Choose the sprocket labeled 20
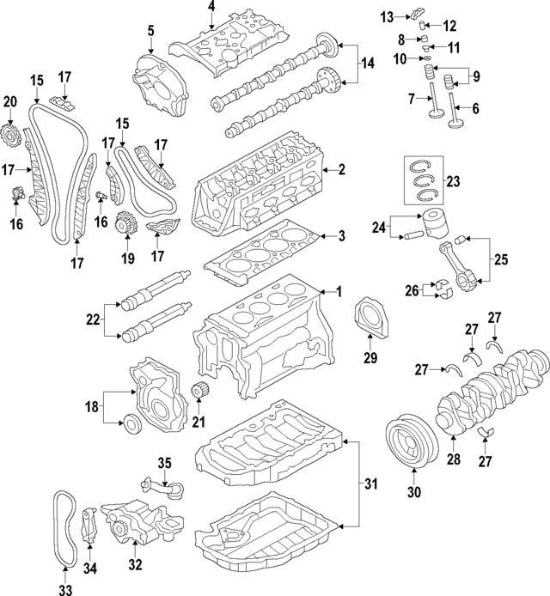11,136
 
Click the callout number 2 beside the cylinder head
341,170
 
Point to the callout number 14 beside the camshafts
367,63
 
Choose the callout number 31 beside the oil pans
370,484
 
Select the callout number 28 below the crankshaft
454,459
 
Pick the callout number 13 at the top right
388,16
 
